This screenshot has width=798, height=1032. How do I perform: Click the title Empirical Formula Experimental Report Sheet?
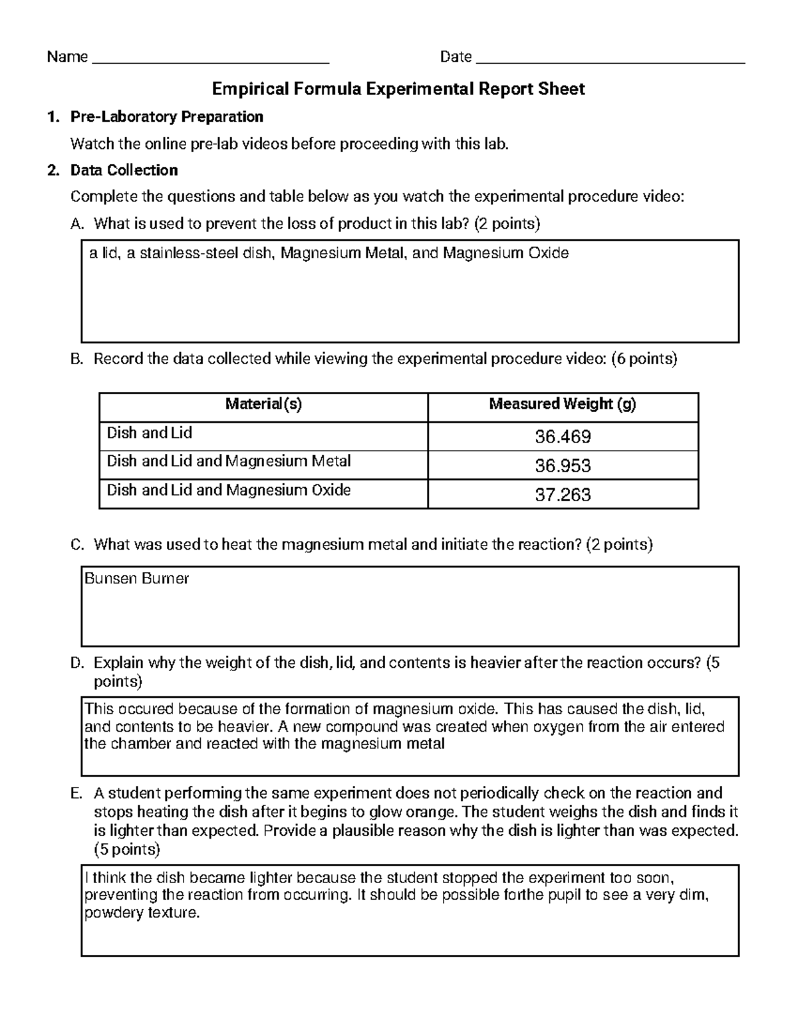click(x=398, y=89)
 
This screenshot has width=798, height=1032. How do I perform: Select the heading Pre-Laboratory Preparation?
click(x=167, y=117)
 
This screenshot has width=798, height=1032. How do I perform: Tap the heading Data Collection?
click(x=124, y=170)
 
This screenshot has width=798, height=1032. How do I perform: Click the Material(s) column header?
click(x=263, y=404)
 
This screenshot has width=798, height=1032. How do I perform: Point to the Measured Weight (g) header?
click(x=563, y=404)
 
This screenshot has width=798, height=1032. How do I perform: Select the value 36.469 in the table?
click(x=563, y=437)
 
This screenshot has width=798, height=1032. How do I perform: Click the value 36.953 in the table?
click(x=563, y=466)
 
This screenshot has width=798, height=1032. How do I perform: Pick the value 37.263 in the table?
click(x=563, y=495)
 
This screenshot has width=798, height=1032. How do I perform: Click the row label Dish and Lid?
click(x=150, y=433)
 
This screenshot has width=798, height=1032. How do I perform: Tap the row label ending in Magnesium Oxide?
click(x=229, y=490)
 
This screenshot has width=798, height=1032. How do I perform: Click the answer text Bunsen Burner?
click(x=137, y=579)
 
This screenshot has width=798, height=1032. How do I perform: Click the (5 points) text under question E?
click(x=127, y=849)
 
